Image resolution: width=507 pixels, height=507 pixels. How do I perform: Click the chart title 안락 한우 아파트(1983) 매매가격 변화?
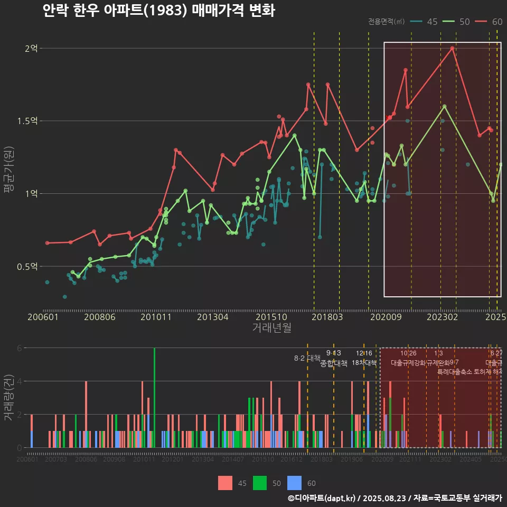[x=158, y=11]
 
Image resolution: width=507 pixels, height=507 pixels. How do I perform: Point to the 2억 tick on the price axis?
[x=31, y=49]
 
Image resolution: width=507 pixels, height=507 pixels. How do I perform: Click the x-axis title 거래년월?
[x=271, y=327]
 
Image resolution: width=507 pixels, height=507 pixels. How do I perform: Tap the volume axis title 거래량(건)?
[x=9, y=397]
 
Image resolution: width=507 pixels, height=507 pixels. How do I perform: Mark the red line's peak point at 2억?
[x=453, y=48]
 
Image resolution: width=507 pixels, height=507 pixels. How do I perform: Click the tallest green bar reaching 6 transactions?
[x=154, y=397]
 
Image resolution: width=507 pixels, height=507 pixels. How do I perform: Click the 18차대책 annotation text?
[x=364, y=363]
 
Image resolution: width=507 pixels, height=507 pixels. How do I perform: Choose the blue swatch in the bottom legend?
[x=294, y=483]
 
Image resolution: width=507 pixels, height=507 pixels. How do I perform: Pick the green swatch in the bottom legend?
[x=260, y=483]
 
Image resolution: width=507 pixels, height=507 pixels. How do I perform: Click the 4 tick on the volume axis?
[x=20, y=381]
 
